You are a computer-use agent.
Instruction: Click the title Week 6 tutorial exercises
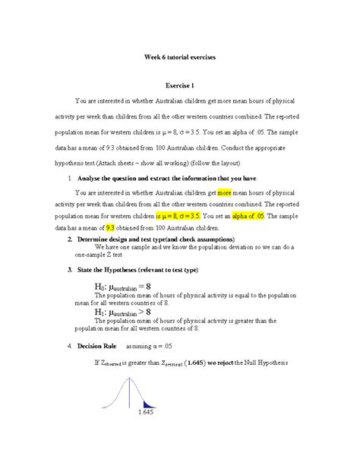pyautogui.click(x=180, y=55)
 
